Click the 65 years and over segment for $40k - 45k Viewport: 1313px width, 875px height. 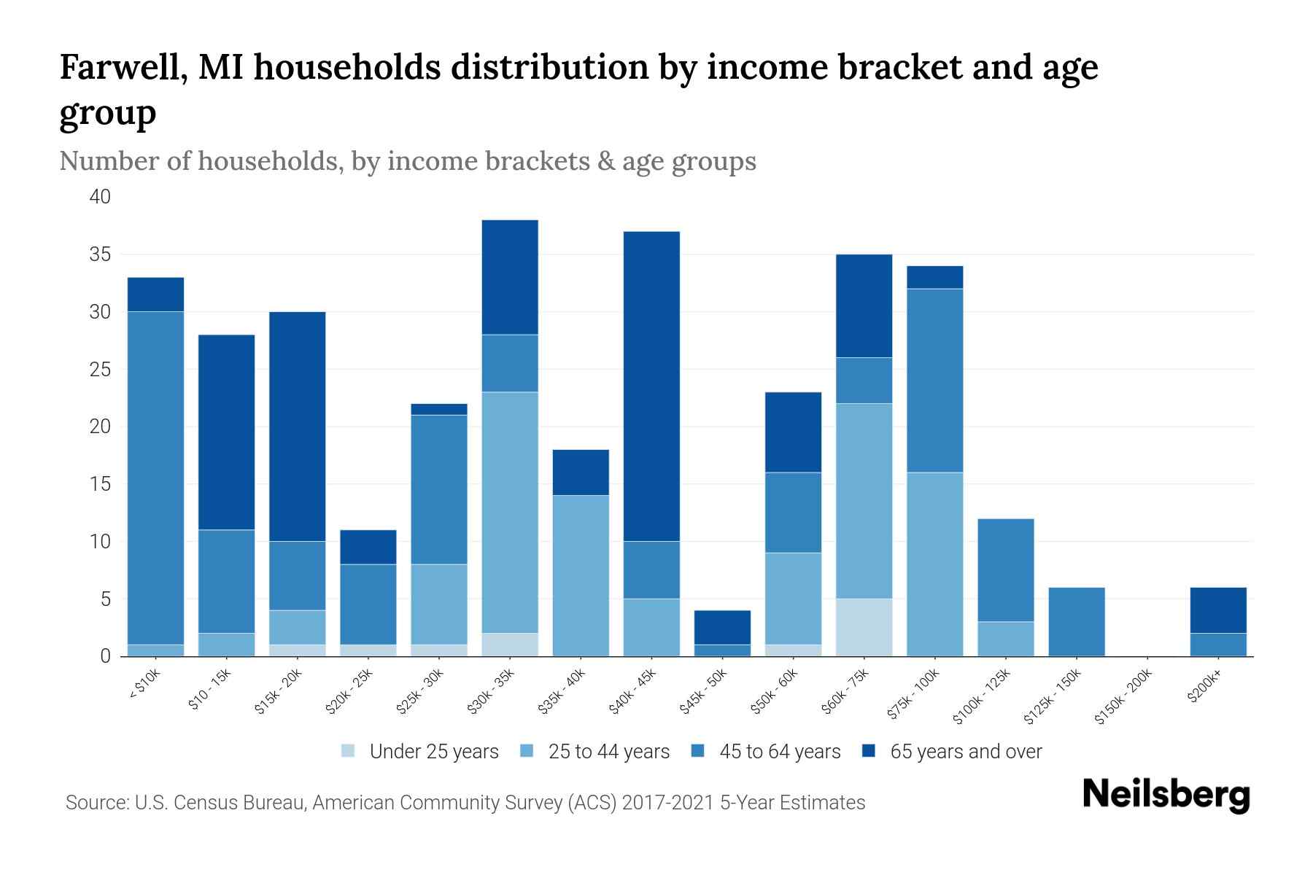(x=651, y=386)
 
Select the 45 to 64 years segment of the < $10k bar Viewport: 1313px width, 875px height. (x=155, y=478)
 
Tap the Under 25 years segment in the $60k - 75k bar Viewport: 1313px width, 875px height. (x=864, y=627)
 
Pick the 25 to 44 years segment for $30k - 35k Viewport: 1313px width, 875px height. (x=510, y=512)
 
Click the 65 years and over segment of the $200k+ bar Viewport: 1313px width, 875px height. (x=1218, y=610)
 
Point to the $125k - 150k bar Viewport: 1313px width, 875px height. (x=1077, y=621)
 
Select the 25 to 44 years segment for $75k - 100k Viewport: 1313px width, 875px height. (x=934, y=564)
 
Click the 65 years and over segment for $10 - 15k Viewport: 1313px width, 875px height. (x=226, y=432)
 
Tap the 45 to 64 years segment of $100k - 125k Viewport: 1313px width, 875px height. (x=1006, y=570)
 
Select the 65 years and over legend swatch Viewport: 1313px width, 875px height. (x=869, y=751)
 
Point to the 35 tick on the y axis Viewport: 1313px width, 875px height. (x=100, y=254)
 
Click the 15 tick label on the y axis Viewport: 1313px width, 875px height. (x=100, y=484)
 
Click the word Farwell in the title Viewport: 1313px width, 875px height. (x=117, y=67)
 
